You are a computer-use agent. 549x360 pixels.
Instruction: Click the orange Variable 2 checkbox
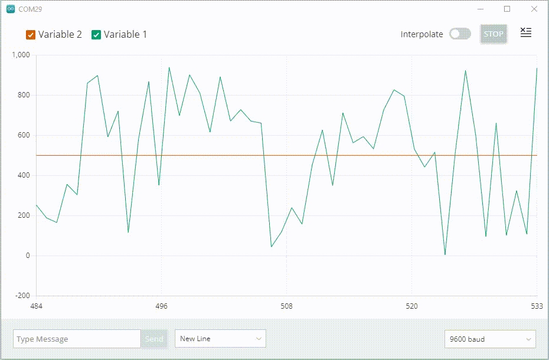(x=31, y=35)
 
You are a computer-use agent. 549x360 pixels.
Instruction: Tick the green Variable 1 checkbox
(x=96, y=35)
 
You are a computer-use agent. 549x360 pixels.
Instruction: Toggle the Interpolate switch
(x=460, y=34)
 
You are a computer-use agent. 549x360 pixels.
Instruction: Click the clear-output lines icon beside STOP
(x=525, y=33)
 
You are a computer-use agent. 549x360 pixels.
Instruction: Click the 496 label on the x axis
(x=161, y=306)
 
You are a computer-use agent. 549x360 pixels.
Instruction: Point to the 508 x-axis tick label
(x=286, y=306)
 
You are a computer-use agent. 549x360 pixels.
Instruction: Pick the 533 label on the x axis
(x=537, y=306)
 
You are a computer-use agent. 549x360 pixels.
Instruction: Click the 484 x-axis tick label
(x=37, y=306)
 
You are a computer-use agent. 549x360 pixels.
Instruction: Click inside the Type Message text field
(x=77, y=339)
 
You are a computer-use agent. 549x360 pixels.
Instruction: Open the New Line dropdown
(x=220, y=339)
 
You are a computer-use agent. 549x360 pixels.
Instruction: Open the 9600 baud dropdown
(x=490, y=339)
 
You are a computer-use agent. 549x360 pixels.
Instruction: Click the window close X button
(x=534, y=9)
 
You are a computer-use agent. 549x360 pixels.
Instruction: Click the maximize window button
(x=506, y=9)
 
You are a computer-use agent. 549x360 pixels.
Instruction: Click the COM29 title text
(x=30, y=9)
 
